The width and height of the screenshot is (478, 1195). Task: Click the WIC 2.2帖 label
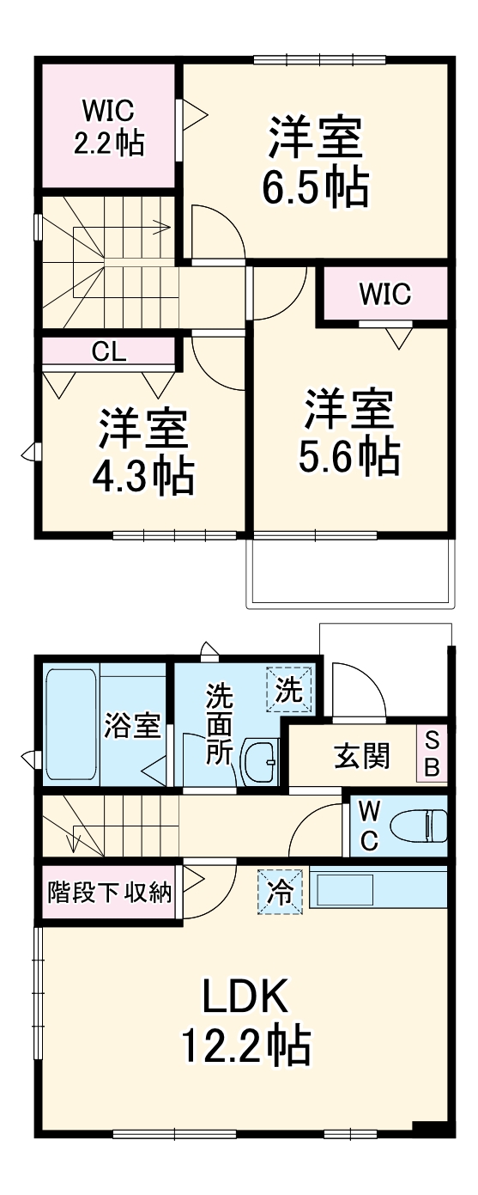point(107,126)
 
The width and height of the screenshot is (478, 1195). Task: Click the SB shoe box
point(432,754)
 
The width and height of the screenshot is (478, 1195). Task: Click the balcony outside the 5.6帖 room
point(349,575)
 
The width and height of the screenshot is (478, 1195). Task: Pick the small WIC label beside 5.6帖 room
point(384,295)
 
